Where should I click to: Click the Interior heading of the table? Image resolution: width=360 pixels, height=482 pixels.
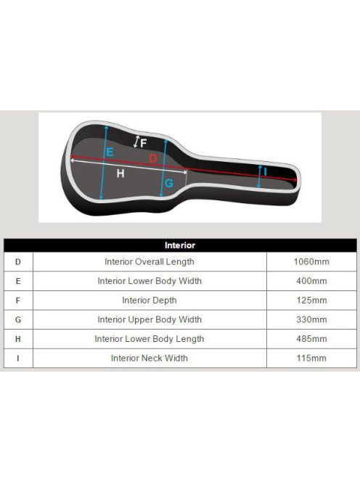pos(180,245)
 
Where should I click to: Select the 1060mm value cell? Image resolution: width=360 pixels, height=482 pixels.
pos(311,261)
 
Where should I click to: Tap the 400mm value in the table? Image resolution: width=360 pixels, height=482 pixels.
pos(311,281)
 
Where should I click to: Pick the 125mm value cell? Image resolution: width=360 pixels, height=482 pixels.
pos(311,301)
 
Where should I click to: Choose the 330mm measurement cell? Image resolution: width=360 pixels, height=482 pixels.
pos(311,319)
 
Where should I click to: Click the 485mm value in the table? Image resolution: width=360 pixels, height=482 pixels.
pos(311,339)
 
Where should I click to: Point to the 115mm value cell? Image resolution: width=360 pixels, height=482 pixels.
pos(311,358)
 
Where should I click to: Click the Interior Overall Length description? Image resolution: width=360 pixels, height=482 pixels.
pos(150,262)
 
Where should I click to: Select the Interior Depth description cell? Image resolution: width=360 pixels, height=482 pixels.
pos(150,301)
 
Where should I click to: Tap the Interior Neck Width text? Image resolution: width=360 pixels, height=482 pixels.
pos(150,358)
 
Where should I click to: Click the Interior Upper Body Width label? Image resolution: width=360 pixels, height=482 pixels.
pos(150,319)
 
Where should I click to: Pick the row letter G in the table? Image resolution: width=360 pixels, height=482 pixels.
pos(18,319)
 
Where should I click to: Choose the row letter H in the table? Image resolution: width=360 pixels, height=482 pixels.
pos(18,339)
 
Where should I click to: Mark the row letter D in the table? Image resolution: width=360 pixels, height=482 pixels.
pos(18,262)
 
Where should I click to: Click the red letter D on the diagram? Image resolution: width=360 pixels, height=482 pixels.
pos(153,158)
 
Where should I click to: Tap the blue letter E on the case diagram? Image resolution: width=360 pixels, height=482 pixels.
pos(110,152)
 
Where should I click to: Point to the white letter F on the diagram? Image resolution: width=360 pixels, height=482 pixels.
pos(143,143)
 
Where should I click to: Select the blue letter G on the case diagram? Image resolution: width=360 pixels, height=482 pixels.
pos(169,184)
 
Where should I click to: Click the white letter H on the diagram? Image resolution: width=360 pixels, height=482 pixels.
pos(120,173)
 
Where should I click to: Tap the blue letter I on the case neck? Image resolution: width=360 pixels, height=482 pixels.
pos(266,172)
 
